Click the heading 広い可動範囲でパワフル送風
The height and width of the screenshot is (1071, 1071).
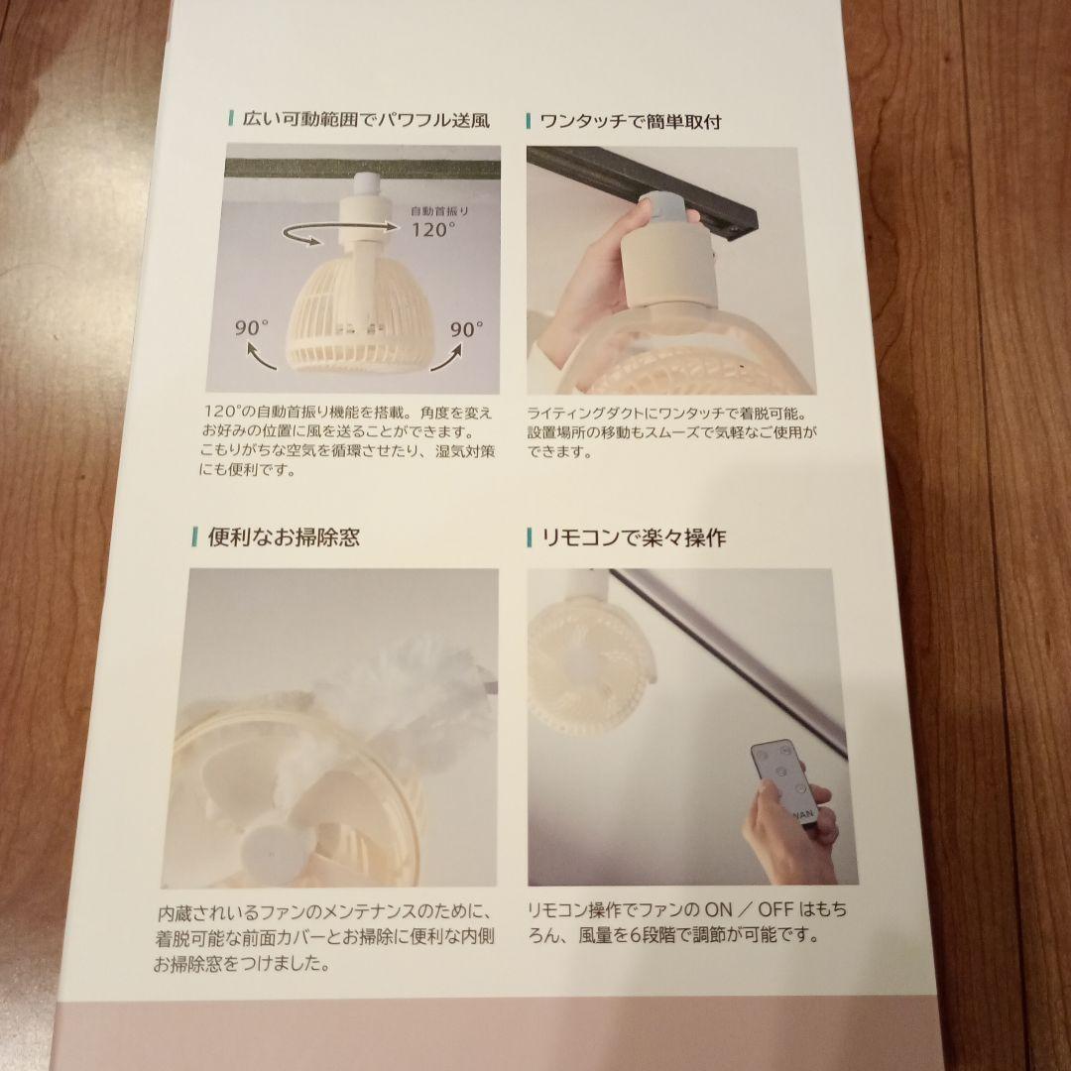pyautogui.click(x=366, y=121)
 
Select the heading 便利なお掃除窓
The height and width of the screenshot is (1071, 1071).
pyautogui.click(x=283, y=537)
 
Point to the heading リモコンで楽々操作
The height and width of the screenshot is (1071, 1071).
pyautogui.click(x=633, y=538)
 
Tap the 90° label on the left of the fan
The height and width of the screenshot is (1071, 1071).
pyautogui.click(x=253, y=327)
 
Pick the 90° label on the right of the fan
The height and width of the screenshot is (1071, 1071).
pyautogui.click(x=466, y=328)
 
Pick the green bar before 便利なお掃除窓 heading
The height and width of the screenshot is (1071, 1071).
pyautogui.click(x=193, y=537)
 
